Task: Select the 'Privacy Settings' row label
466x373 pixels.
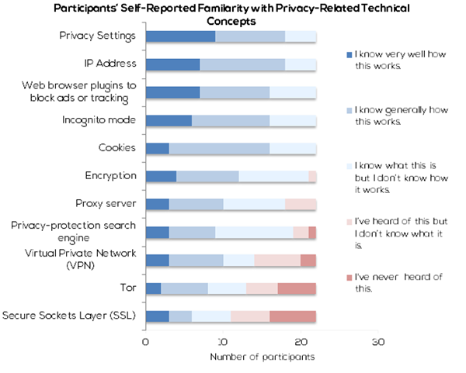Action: pyautogui.click(x=99, y=36)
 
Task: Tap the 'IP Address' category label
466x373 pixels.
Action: pyautogui.click(x=112, y=64)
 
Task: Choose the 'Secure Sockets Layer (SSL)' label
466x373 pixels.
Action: pyautogui.click(x=71, y=316)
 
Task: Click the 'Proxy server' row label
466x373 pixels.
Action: pyautogui.click(x=108, y=204)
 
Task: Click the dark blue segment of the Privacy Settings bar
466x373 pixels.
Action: pyautogui.click(x=180, y=36)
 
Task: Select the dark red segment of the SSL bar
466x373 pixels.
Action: pyautogui.click(x=293, y=316)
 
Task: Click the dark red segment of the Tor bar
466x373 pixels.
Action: pyautogui.click(x=297, y=288)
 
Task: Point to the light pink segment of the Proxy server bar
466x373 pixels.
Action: pyautogui.click(x=301, y=204)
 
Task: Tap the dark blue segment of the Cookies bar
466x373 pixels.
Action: pyautogui.click(x=158, y=148)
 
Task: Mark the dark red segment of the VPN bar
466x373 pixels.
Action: pyautogui.click(x=308, y=260)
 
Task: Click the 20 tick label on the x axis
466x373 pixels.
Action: pyautogui.click(x=300, y=342)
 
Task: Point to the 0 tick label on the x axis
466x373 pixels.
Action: pyautogui.click(x=146, y=342)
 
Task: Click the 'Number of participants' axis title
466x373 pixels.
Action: pyautogui.click(x=262, y=359)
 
